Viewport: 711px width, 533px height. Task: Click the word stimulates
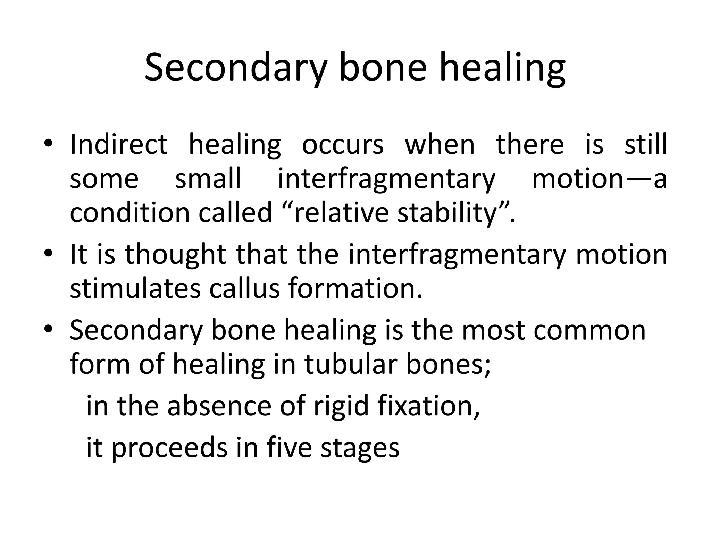point(135,288)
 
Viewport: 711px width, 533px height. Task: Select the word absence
point(219,406)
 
